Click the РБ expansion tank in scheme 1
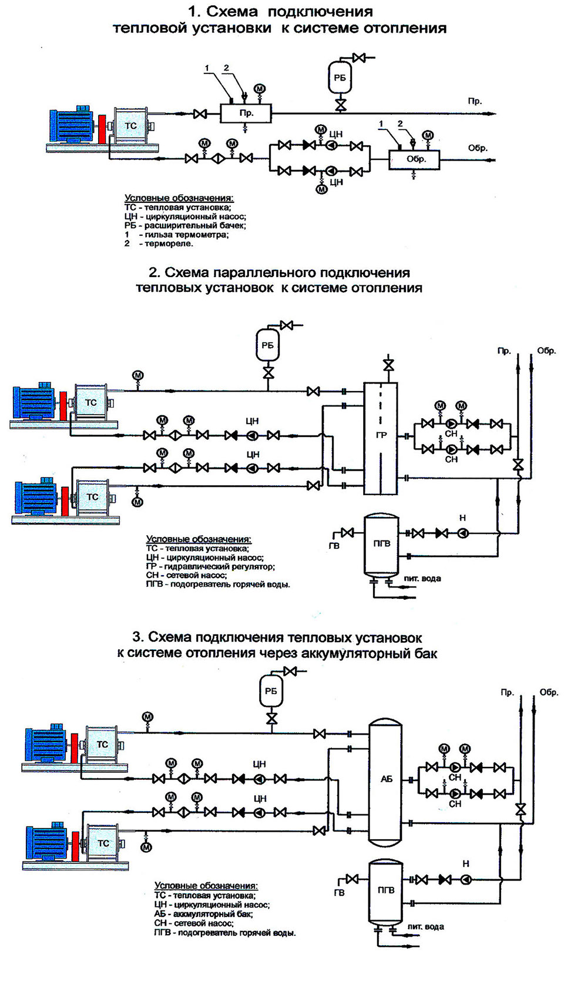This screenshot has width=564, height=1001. click(340, 78)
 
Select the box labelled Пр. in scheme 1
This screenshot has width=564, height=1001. click(246, 113)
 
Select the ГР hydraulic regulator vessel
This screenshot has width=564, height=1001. click(381, 434)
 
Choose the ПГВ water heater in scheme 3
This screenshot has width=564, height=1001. click(385, 890)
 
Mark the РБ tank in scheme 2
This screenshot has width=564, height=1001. click(268, 345)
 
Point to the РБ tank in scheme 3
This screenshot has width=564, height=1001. click(271, 691)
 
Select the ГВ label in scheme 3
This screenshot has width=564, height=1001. click(339, 893)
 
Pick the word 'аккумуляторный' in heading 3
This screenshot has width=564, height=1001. click(353, 653)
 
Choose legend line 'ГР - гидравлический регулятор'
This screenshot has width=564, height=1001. click(210, 566)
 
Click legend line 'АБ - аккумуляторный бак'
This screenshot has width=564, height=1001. click(203, 915)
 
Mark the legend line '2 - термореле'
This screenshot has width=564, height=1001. click(159, 243)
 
